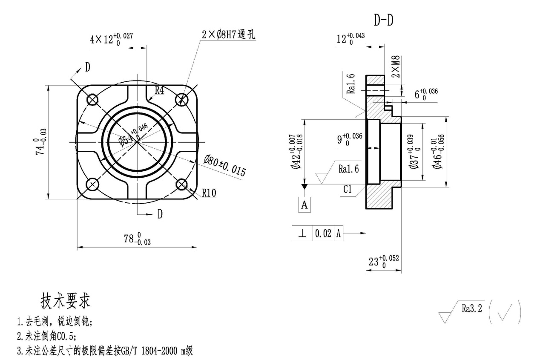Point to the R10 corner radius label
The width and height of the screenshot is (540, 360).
point(209,193)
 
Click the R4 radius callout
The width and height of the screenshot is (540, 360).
point(160,90)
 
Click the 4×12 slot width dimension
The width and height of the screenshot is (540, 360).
point(111,39)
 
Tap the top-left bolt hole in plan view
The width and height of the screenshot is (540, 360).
point(92,100)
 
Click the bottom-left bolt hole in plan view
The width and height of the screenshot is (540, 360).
point(92,184)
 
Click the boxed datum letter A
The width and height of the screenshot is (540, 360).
point(304,204)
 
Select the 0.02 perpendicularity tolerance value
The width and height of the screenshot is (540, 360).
point(323,233)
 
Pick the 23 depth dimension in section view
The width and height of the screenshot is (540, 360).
point(383,260)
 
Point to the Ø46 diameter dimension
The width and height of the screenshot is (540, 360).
point(440,152)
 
